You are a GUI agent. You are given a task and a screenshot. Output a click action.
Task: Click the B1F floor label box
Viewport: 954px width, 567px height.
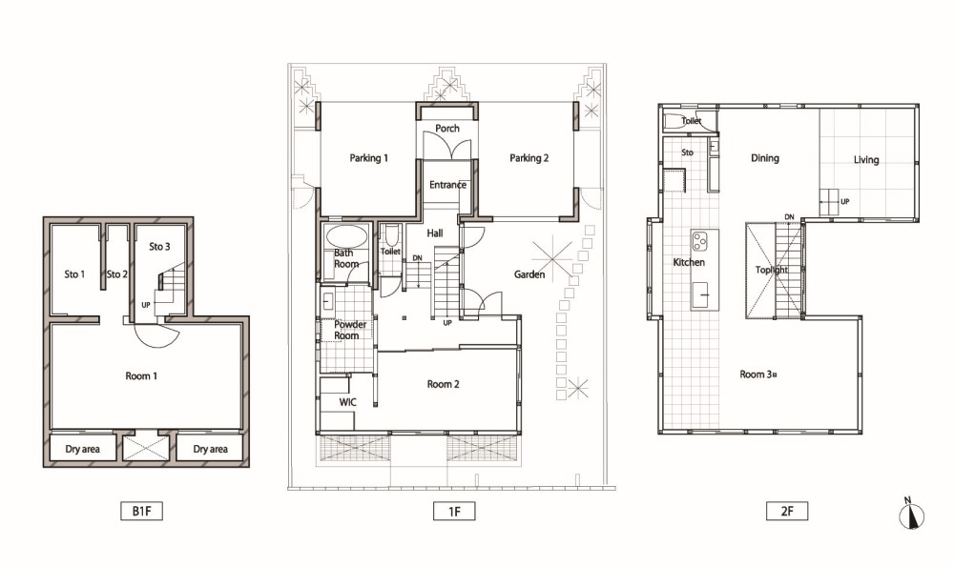tap(142, 511)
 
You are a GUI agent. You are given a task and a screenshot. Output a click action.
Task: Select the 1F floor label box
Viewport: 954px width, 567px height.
tap(454, 511)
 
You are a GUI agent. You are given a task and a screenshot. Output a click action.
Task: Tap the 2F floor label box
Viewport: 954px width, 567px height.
tap(787, 511)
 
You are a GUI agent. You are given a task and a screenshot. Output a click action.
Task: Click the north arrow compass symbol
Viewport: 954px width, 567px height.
tap(911, 515)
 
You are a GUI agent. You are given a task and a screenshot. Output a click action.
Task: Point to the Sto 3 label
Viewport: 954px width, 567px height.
tap(159, 247)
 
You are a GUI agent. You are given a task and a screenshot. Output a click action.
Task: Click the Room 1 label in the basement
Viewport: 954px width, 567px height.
tap(141, 376)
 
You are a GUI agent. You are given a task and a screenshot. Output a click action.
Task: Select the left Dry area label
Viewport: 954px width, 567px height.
tap(82, 449)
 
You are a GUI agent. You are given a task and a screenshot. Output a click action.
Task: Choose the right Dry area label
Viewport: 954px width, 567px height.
tap(210, 449)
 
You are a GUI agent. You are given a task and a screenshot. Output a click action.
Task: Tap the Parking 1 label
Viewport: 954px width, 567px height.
tap(368, 158)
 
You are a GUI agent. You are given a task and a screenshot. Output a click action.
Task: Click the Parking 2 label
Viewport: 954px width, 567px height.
tap(529, 158)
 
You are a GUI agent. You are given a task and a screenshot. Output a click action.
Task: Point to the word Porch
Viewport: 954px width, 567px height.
tap(447, 129)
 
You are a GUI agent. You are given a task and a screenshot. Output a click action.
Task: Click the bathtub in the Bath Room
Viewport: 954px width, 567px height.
tap(346, 235)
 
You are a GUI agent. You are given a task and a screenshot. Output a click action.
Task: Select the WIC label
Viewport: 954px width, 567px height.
tap(348, 402)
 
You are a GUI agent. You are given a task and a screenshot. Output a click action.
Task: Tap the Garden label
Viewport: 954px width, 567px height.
tap(529, 274)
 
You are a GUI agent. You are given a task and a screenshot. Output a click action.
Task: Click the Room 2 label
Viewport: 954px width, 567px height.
tap(443, 384)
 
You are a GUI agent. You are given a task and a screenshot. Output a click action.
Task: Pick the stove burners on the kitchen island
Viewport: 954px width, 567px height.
tap(699, 241)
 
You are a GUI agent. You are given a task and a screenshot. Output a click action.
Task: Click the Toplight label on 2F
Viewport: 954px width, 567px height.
tap(772, 270)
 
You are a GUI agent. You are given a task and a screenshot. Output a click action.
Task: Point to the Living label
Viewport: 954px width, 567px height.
tap(866, 160)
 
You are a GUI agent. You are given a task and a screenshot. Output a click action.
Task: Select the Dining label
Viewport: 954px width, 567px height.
tap(765, 158)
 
